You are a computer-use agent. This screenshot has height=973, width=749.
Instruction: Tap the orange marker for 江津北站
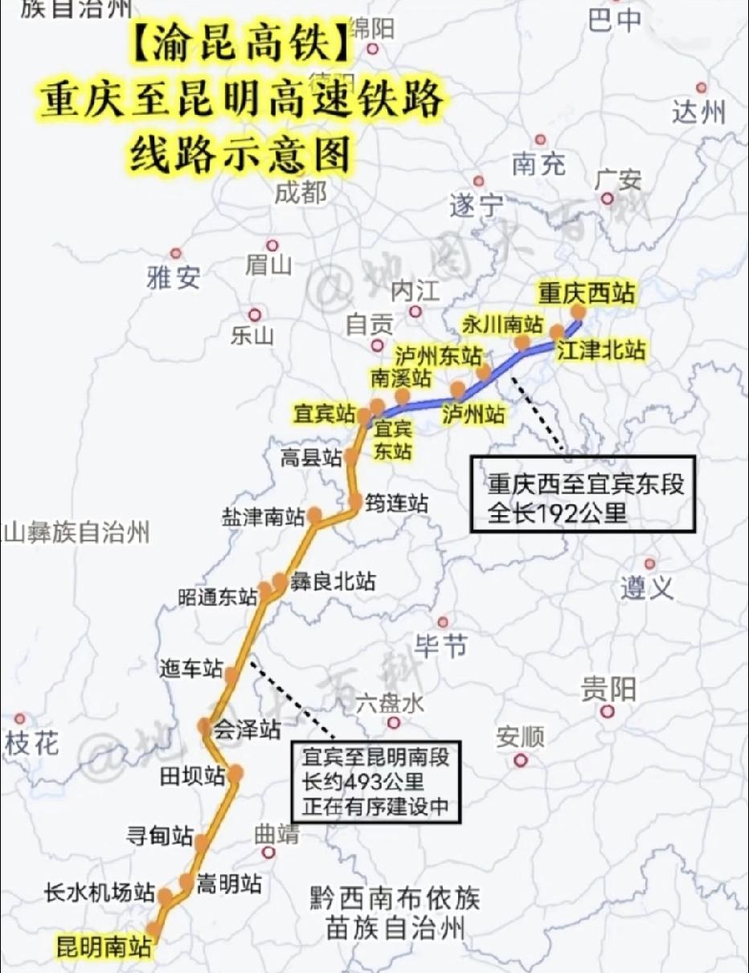[x=557, y=333]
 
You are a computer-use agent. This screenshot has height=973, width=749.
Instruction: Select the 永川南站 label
[x=502, y=324]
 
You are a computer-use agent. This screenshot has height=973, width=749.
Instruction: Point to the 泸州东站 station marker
[x=484, y=372]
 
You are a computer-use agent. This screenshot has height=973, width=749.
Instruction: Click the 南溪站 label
[x=400, y=377]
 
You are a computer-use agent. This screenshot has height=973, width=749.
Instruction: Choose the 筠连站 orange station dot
[x=356, y=502]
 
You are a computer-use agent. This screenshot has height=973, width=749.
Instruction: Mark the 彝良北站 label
[x=333, y=580]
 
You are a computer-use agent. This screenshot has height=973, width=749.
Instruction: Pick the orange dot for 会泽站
[x=206, y=726]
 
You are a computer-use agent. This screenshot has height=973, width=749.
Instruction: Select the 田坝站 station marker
[x=235, y=774]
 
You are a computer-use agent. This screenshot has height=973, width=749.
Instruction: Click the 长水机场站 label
[x=100, y=892]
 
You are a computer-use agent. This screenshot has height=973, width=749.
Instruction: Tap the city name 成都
[x=301, y=193]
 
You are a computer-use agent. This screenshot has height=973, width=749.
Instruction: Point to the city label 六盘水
[x=390, y=704]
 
